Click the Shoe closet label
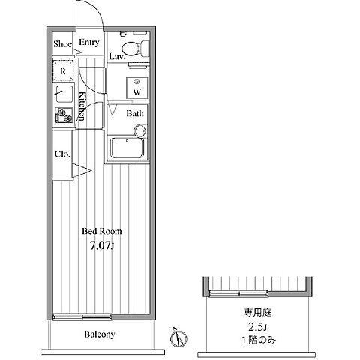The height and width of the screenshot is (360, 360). pos(62,44)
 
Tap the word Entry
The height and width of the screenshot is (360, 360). pos(89,43)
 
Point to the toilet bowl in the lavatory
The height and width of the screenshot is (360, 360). pos(130,48)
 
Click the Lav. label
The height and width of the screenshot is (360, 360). pos(117,56)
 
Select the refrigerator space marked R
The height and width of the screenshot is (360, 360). pos(63,70)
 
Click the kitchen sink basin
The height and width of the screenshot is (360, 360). pos(64,94)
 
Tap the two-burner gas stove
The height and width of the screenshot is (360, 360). pos(64,115)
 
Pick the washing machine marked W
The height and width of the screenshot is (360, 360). pos(136,88)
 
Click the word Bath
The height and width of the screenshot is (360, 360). pos(135,114)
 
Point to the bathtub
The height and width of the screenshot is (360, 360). pos(127,148)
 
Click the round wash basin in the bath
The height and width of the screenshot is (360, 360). pos(140,130)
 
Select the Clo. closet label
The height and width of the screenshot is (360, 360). pos(62,154)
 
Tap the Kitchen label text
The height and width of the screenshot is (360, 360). pos(82,106)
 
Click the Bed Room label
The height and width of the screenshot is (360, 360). pos(102,231)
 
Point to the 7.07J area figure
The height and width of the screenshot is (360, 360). pos(102,246)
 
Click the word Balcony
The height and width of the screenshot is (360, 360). pos(100,334)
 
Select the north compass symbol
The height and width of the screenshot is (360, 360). pos(178,337)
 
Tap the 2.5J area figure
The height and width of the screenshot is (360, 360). pos(258,326)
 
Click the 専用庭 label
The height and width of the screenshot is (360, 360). pos(258,313)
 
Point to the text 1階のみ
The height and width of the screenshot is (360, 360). pos(259,340)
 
